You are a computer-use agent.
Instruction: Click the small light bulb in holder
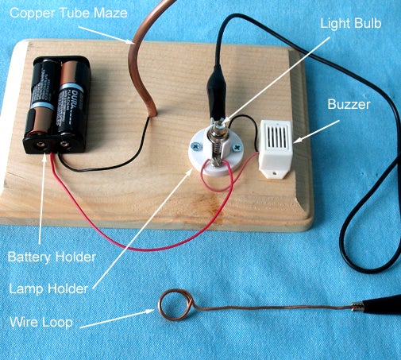tap(217, 135)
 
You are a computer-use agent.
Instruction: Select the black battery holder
tap(61, 106)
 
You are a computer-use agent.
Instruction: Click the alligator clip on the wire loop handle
tap(377, 304)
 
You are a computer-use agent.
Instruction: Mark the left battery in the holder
tap(41, 103)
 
